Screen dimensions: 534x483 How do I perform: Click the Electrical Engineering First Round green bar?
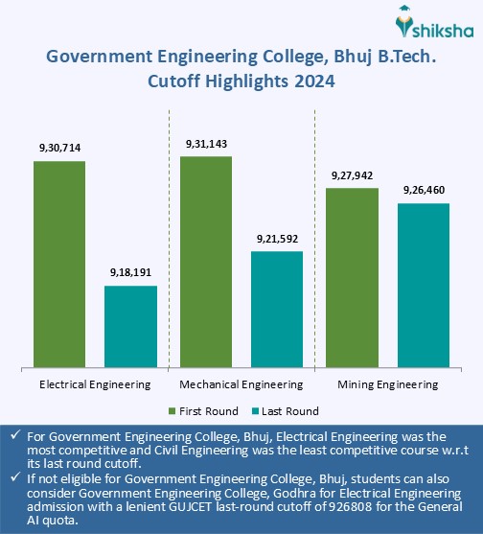tap(59, 263)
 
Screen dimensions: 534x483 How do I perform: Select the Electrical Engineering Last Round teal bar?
tap(130, 325)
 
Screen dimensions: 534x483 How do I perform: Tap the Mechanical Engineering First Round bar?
tap(206, 260)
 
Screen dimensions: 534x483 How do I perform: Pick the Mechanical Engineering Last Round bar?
tap(277, 308)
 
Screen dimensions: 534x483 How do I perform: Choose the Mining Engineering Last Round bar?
tap(423, 284)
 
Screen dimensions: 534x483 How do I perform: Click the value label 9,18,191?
tap(130, 272)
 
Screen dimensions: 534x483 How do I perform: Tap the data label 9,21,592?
tap(277, 237)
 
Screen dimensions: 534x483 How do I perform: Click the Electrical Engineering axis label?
tap(95, 383)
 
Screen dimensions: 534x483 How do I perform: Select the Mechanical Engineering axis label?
tap(241, 383)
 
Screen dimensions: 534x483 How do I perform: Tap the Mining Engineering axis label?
tap(388, 383)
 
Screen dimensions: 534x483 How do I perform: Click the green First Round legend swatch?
tap(172, 411)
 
